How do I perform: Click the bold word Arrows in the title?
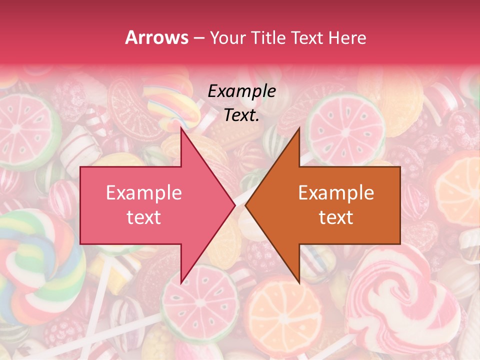point(156,37)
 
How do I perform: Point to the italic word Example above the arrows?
point(241,91)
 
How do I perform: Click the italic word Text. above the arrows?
point(241,115)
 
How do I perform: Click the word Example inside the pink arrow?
point(143,193)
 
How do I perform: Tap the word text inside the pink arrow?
point(143,217)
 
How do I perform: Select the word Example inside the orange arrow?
point(336,193)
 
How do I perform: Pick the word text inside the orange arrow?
point(336,217)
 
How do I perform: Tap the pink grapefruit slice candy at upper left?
point(27,127)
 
